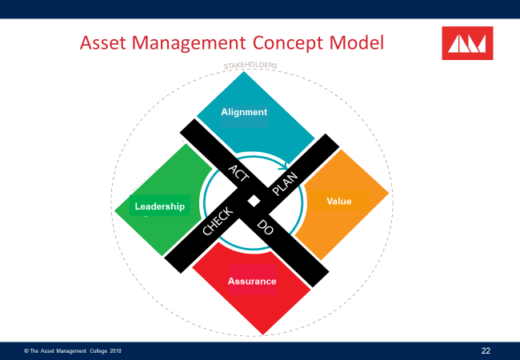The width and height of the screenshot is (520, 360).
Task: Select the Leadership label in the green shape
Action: tap(159, 206)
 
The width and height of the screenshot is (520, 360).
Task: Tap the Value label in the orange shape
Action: tap(339, 201)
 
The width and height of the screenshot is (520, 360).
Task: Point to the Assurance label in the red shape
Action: tap(252, 281)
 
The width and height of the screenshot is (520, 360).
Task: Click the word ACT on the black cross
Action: tap(238, 174)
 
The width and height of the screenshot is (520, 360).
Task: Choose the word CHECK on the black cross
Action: tap(217, 222)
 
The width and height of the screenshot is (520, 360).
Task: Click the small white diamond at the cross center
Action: tap(252, 200)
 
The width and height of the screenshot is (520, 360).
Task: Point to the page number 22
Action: tap(486, 350)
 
